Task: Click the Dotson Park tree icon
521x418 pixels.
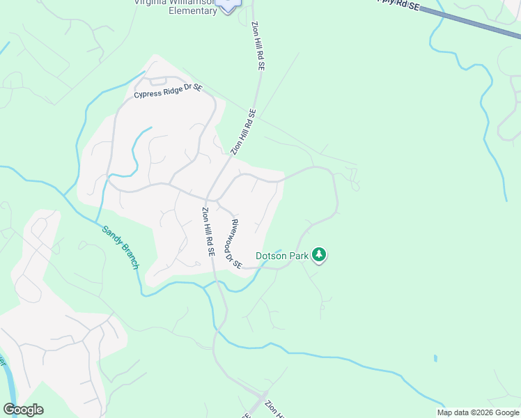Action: click(x=319, y=255)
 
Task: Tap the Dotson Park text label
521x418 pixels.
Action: click(x=281, y=256)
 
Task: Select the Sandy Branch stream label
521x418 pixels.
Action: click(x=120, y=247)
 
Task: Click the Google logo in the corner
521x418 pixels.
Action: click(x=23, y=410)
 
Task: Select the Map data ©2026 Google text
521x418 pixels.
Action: click(x=478, y=412)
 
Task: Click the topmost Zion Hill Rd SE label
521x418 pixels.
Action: click(x=258, y=44)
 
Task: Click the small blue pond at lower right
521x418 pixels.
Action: click(x=435, y=359)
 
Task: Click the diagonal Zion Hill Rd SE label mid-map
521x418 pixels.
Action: click(x=244, y=131)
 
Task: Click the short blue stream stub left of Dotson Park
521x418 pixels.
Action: click(x=278, y=251)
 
